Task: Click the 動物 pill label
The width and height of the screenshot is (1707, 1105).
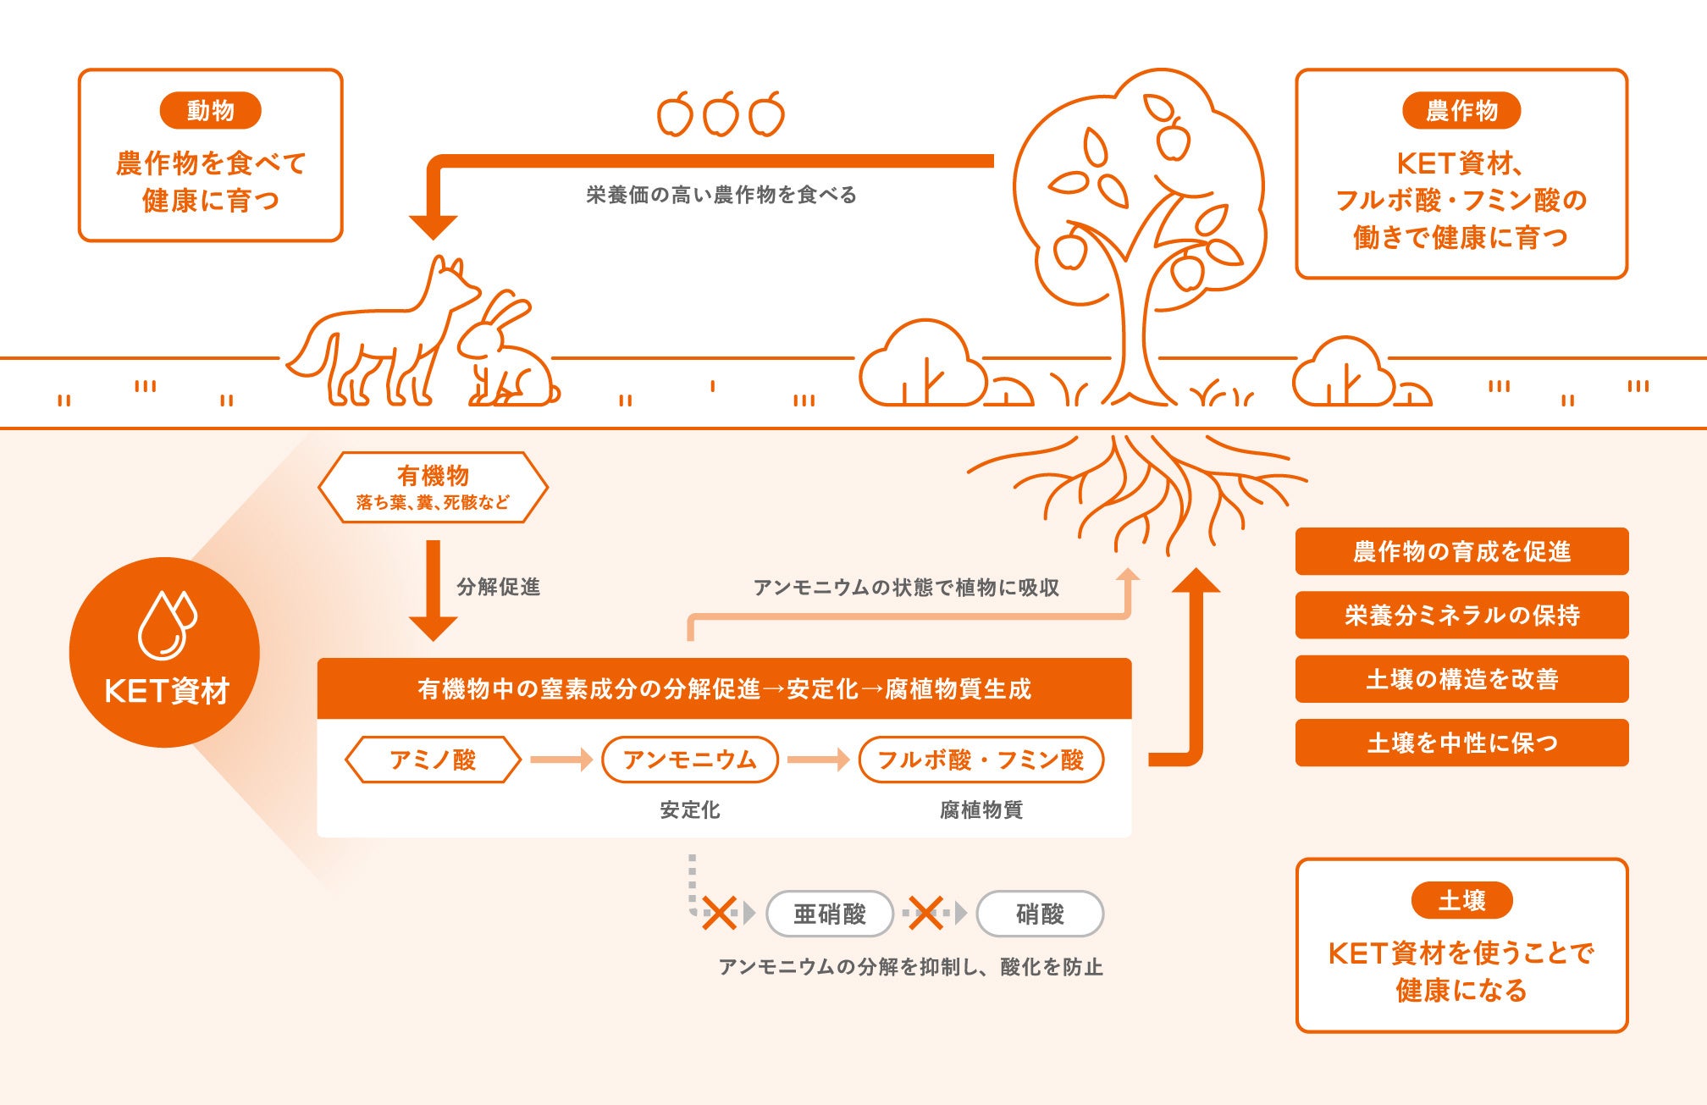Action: (210, 110)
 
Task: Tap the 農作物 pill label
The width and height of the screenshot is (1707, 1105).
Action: (1461, 110)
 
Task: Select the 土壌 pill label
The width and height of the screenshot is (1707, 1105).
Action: (1461, 900)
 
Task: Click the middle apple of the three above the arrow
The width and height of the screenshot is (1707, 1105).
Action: (721, 114)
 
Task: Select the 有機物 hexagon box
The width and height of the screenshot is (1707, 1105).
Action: (433, 487)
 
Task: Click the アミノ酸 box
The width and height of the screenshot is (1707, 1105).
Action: (433, 760)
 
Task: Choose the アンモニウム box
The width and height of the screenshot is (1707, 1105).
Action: (689, 760)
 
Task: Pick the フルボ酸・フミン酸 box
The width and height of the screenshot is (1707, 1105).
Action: (981, 760)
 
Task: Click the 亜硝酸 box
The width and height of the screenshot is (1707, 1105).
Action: (829, 914)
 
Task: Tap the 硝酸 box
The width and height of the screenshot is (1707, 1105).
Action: (1039, 914)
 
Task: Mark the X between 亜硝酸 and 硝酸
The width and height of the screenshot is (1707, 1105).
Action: (925, 913)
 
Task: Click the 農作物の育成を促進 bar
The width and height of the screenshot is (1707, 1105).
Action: (1461, 551)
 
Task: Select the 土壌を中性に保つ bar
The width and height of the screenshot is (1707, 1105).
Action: (1461, 743)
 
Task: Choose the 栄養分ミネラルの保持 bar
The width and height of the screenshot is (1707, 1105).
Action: (1461, 615)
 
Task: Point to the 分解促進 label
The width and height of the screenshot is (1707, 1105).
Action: (498, 587)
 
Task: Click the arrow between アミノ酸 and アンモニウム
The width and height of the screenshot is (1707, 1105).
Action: (561, 760)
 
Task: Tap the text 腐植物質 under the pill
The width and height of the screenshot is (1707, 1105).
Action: (981, 810)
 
